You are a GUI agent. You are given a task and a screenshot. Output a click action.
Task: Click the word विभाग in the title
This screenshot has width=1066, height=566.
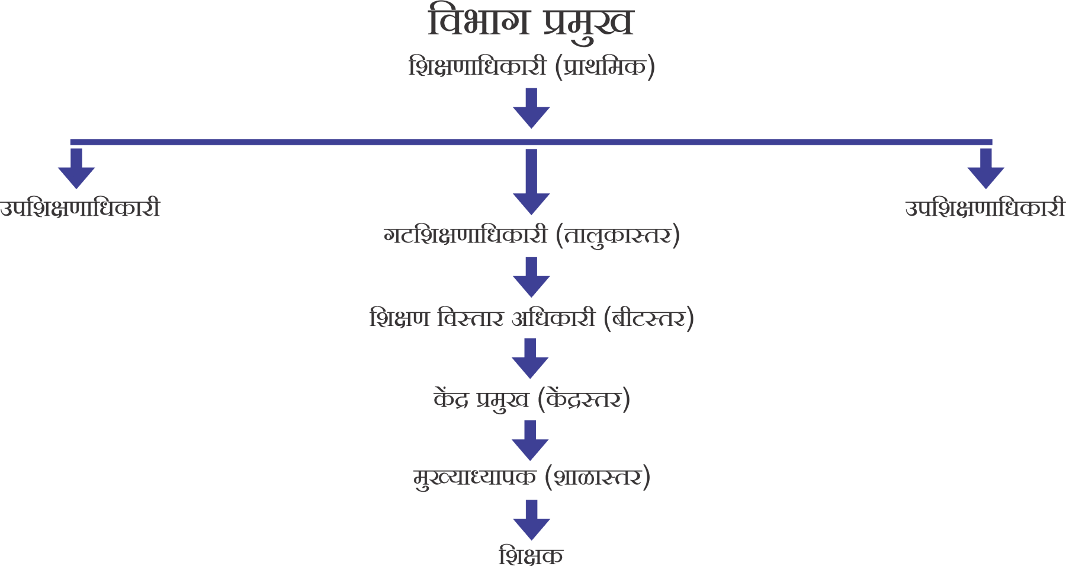click(x=479, y=23)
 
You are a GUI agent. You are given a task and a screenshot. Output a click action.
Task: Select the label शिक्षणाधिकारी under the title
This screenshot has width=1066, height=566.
click(x=477, y=66)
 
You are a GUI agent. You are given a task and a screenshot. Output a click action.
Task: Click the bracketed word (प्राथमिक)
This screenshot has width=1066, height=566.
click(x=605, y=66)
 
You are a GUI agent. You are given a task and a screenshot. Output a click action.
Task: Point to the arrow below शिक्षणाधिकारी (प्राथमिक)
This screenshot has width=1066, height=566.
click(x=531, y=108)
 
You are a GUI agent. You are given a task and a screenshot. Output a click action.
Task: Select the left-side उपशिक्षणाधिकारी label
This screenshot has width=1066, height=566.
click(x=81, y=209)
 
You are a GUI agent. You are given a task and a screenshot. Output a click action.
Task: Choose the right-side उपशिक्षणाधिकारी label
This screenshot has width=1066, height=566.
click(x=985, y=209)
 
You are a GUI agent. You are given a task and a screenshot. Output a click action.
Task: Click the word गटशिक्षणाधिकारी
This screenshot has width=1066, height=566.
click(x=465, y=236)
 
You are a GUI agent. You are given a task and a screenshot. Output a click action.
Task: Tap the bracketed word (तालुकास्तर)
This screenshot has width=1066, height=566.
click(x=618, y=236)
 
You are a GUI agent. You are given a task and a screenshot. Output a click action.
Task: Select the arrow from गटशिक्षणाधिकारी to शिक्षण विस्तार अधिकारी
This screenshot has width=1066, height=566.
click(x=531, y=277)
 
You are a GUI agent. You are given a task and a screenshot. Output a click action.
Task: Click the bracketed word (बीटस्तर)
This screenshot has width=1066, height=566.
click(x=648, y=319)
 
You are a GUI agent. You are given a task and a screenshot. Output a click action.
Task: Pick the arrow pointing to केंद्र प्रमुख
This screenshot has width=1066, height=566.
click(x=530, y=359)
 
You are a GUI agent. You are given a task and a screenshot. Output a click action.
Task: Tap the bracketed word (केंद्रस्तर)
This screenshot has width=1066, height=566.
click(x=584, y=399)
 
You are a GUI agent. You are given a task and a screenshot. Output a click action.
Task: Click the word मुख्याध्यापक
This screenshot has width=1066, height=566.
click(x=475, y=477)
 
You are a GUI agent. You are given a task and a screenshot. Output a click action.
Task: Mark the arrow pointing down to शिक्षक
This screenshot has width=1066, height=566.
click(x=531, y=520)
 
